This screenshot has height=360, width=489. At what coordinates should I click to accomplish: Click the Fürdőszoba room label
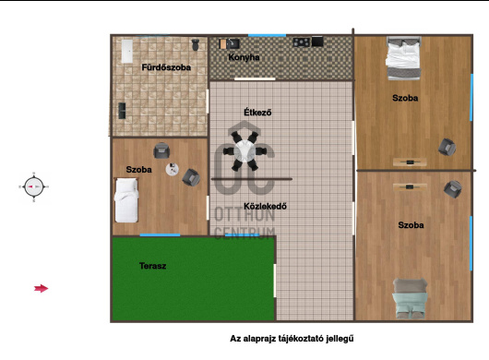point(166,67)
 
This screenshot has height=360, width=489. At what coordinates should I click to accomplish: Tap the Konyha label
point(244,57)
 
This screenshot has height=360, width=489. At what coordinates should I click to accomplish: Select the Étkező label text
point(257,112)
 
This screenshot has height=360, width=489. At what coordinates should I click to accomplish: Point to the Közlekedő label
point(265,206)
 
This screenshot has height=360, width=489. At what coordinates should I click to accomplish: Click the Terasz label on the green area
point(152,266)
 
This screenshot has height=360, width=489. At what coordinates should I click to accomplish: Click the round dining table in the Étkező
point(244,151)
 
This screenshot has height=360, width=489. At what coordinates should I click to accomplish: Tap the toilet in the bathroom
point(196,44)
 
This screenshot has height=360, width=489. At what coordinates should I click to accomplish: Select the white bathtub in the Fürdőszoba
point(127,51)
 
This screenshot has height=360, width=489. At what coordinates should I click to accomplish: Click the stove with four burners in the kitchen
point(302,42)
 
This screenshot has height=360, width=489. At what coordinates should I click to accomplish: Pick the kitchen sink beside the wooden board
point(233,43)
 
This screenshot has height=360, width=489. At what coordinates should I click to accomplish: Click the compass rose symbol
point(34,186)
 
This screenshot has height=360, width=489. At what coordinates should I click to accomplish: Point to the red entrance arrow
point(42,289)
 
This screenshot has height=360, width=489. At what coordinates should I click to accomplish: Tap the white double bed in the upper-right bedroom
point(403,58)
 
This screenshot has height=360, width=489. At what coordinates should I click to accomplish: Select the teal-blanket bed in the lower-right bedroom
point(410,298)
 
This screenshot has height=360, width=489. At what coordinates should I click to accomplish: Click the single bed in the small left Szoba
point(126,200)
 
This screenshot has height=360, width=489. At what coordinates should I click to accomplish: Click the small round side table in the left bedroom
point(173,169)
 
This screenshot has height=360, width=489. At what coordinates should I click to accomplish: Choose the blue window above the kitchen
point(267,35)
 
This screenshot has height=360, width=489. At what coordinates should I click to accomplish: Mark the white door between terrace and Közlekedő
point(275,281)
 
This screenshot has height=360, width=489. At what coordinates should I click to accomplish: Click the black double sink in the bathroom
point(122,111)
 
